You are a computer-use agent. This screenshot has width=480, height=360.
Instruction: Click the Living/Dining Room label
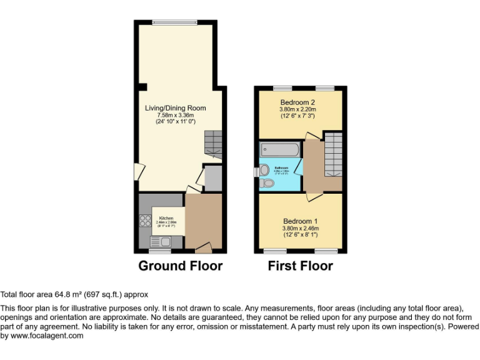point(176,108)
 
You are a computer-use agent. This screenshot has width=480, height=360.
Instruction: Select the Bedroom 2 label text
point(297,102)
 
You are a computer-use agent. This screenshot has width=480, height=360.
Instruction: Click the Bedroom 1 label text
point(301,221)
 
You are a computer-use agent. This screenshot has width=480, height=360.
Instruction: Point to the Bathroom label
point(282,168)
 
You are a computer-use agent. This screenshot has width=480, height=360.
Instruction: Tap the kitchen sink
point(164,241)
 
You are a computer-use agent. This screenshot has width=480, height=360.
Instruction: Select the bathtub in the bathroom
point(280,149)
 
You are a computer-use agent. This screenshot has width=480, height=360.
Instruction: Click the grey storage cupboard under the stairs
point(213,177)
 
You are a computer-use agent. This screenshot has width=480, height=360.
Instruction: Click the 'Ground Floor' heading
point(180,266)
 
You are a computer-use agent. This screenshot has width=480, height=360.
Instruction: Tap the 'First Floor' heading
point(300,266)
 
